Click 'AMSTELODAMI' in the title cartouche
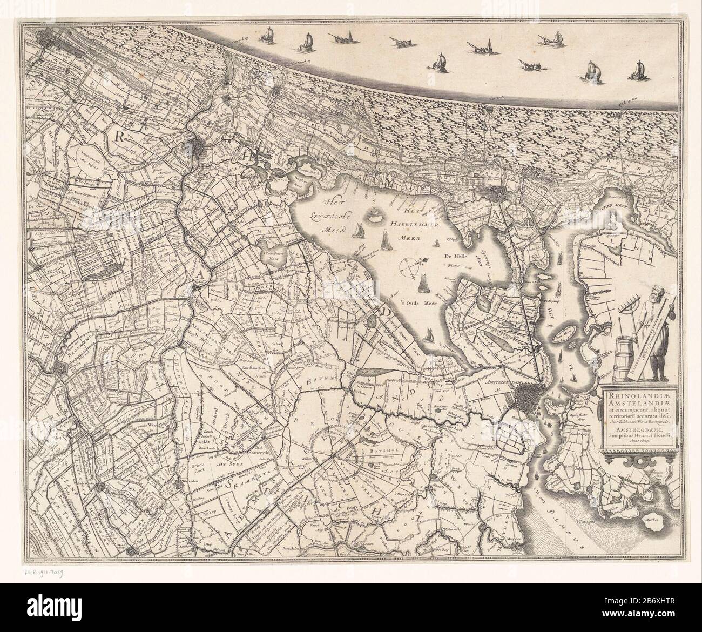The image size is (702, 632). click(632, 430)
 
